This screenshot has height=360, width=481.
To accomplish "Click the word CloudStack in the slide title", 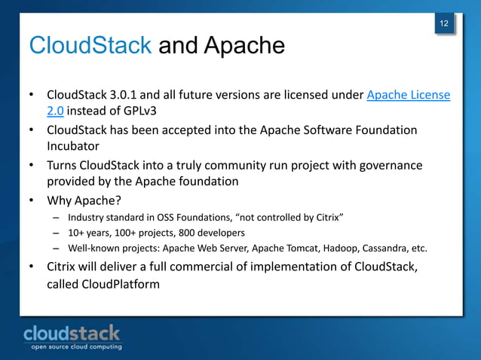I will pos(90,47).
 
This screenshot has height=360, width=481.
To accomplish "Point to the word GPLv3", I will pos(149,113).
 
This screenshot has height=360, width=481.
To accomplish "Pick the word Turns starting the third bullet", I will pos(64,165).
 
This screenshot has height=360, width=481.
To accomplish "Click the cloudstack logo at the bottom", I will pos(72,333).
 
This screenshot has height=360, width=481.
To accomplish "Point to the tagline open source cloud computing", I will pos(75,347).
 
